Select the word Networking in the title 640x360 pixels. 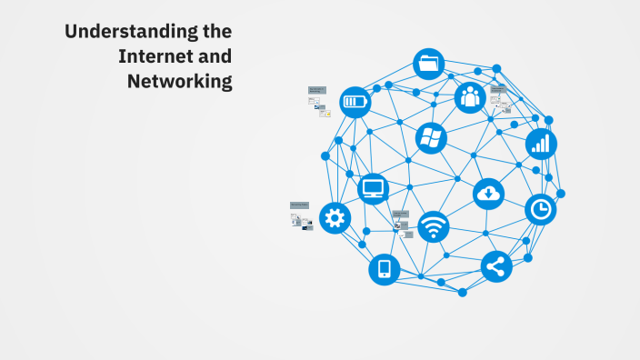[x=180, y=82]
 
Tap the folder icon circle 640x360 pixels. [x=429, y=65]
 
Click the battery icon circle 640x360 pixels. [x=355, y=102]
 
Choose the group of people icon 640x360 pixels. [x=470, y=97]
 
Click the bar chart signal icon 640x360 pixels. [x=541, y=144]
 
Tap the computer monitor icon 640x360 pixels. [x=374, y=189]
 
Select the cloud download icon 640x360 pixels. [x=489, y=194]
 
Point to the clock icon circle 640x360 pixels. [x=541, y=210]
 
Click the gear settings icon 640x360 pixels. [x=335, y=218]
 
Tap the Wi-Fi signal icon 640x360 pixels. [x=434, y=226]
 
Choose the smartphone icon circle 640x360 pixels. [x=385, y=269]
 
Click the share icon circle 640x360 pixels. [x=496, y=267]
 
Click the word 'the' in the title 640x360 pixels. [x=215, y=33]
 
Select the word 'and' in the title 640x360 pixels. [x=215, y=57]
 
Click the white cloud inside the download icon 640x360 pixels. [x=489, y=191]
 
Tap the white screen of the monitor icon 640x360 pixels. [x=374, y=187]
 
